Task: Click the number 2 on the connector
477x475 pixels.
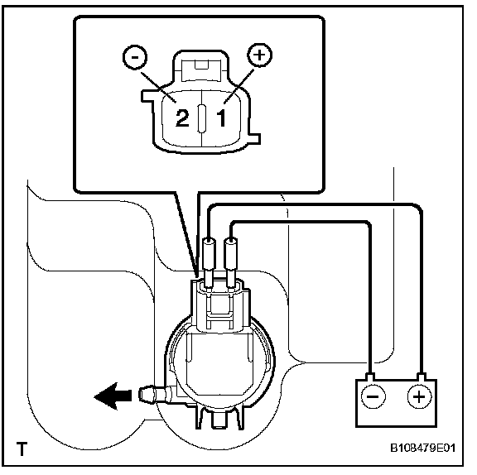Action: [182, 118]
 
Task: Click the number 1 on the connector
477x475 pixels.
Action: [221, 118]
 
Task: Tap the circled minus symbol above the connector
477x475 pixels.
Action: [135, 58]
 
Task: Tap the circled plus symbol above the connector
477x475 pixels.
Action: [259, 55]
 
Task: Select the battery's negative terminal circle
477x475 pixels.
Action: [373, 396]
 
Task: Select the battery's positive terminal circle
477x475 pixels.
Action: [419, 396]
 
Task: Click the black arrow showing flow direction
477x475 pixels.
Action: [113, 396]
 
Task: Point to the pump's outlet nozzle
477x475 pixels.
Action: [157, 395]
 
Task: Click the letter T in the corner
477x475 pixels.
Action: [22, 449]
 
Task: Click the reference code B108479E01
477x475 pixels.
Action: [423, 448]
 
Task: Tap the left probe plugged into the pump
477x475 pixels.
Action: [209, 262]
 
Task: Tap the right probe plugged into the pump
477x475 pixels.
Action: [230, 262]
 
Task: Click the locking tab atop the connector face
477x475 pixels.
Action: [200, 70]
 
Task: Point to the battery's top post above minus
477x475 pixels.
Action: [370, 377]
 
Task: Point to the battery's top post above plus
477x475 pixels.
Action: [421, 377]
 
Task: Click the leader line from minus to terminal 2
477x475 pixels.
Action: [158, 87]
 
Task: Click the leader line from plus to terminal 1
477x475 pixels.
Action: [238, 86]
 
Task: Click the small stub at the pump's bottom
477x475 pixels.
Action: [219, 420]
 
